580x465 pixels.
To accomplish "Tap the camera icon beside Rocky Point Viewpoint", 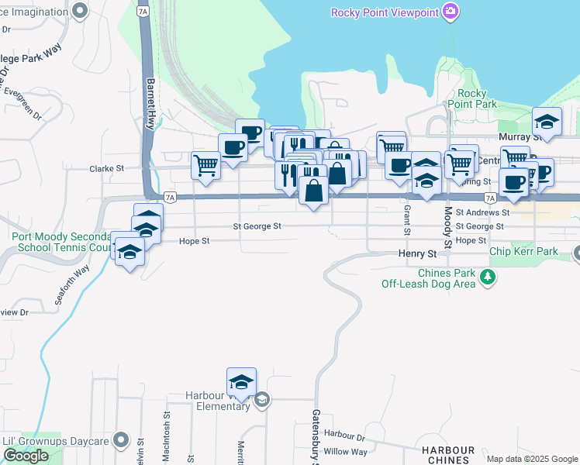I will click(x=450, y=11).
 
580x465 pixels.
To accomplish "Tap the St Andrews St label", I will click(x=482, y=212).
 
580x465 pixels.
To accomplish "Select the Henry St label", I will click(x=418, y=253).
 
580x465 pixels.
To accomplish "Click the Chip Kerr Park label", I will click(x=523, y=253).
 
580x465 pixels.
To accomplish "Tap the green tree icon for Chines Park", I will click(x=487, y=277).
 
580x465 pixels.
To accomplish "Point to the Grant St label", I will click(x=406, y=220).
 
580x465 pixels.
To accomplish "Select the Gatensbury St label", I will click(x=316, y=438).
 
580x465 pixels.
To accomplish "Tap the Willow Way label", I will click(x=346, y=451).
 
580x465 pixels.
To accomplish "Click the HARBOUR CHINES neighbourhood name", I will click(x=448, y=455).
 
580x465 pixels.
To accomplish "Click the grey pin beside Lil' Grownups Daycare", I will click(x=119, y=440).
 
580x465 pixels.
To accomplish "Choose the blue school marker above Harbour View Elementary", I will click(x=241, y=382).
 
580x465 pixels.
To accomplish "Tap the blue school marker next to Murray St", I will click(x=547, y=122).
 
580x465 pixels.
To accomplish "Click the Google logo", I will click(x=26, y=456).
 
